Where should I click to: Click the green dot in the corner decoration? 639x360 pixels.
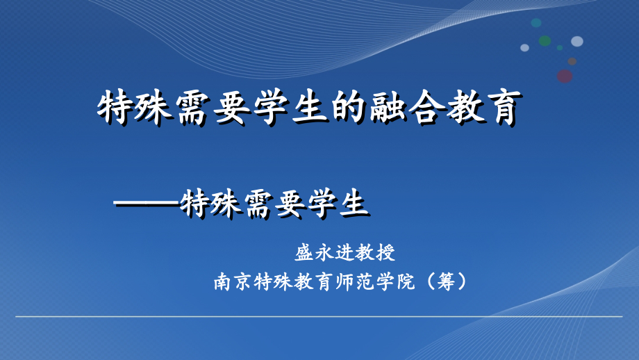pos(545,41)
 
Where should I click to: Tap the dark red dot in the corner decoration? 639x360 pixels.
pos(565,76)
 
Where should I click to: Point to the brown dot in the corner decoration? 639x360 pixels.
pos(572,61)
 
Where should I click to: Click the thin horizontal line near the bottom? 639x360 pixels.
pos(319,318)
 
